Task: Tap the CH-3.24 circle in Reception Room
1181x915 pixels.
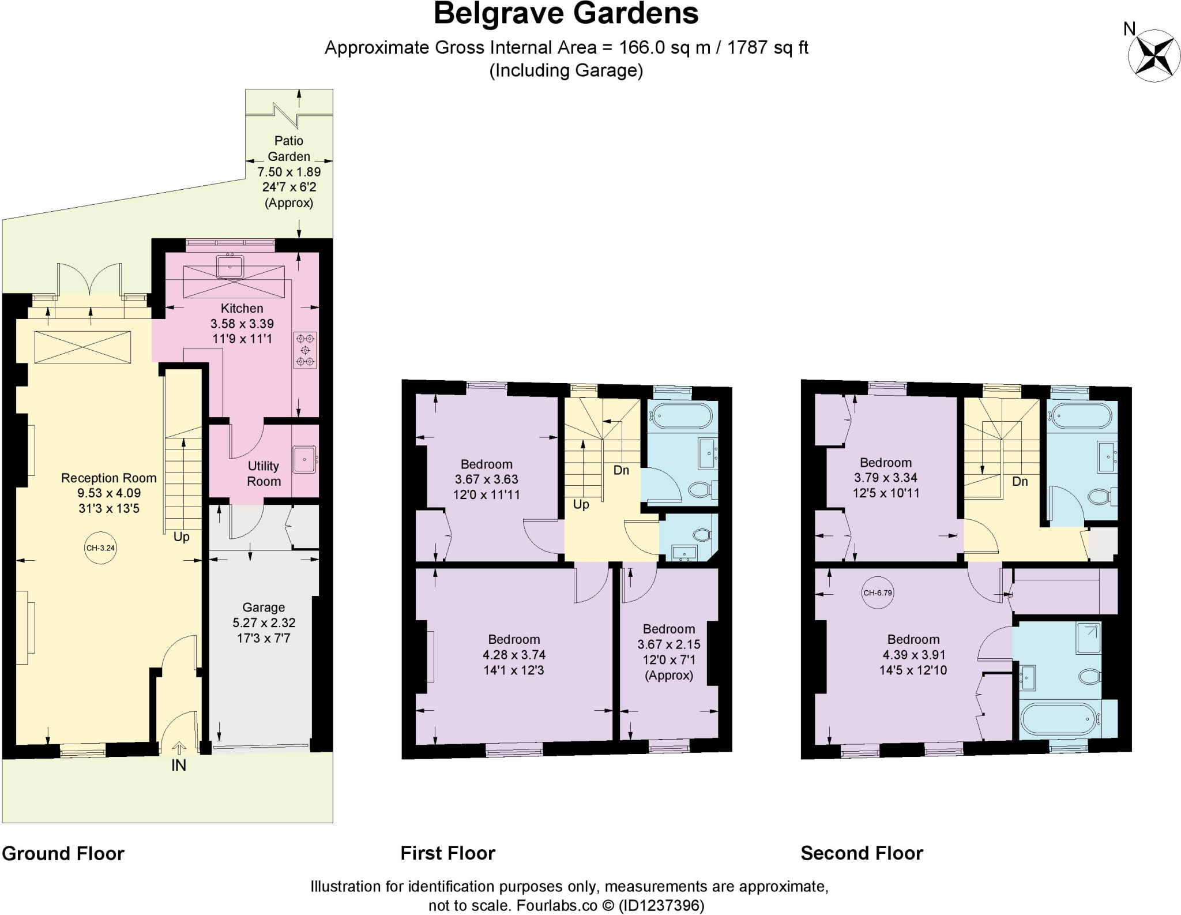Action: pyautogui.click(x=100, y=547)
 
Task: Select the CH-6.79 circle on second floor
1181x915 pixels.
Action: pyautogui.click(x=877, y=592)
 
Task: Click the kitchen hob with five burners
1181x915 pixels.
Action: pyautogui.click(x=305, y=350)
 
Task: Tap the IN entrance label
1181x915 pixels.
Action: pyautogui.click(x=179, y=765)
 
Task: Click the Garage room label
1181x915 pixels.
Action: pyautogui.click(x=264, y=607)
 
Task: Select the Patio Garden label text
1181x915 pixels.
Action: pyautogui.click(x=289, y=148)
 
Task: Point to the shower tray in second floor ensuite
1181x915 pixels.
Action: pyautogui.click(x=1088, y=637)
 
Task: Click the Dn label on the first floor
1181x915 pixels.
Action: pyautogui.click(x=621, y=470)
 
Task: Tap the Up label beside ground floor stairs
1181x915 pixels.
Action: pyautogui.click(x=182, y=537)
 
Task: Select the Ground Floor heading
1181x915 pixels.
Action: pyautogui.click(x=63, y=853)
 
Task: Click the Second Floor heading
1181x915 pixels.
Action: pyautogui.click(x=862, y=853)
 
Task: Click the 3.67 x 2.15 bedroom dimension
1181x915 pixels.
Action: pyautogui.click(x=669, y=644)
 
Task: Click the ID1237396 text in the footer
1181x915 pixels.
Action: pyautogui.click(x=661, y=905)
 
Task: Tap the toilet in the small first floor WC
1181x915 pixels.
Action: pyautogui.click(x=701, y=535)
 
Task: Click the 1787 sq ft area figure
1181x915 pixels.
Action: pyautogui.click(x=768, y=47)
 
